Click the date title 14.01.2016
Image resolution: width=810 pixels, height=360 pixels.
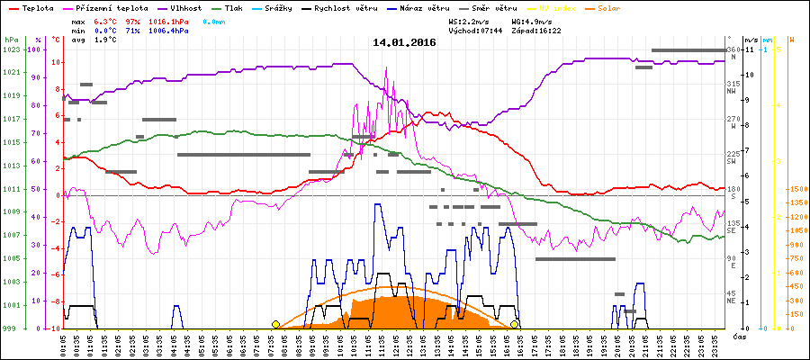404,42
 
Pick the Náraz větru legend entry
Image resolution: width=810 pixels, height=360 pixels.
425,7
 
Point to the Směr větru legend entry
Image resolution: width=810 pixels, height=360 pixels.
496,7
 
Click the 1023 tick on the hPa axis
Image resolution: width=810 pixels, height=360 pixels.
11,49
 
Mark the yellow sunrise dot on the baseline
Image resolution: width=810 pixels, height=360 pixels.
275,324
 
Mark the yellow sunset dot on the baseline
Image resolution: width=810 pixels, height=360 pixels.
515,324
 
